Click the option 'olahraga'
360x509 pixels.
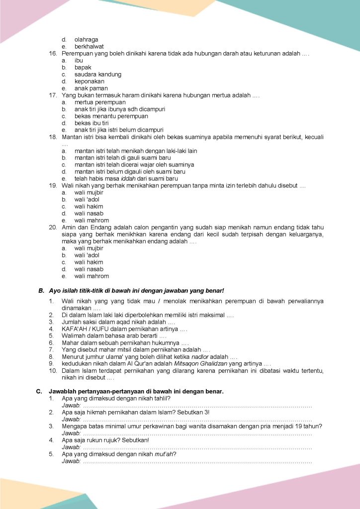pyautogui.click(x=86, y=39)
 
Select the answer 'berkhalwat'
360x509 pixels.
pyautogui.click(x=89, y=46)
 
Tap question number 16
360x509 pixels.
pyautogui.click(x=53, y=53)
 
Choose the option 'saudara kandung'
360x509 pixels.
pyautogui.click(x=98, y=74)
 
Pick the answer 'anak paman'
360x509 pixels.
pyautogui.click(x=91, y=88)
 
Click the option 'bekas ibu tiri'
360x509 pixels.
pyautogui.click(x=91, y=123)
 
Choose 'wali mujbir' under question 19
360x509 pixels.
pyautogui.click(x=89, y=192)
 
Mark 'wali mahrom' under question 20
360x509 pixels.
pyautogui.click(x=91, y=276)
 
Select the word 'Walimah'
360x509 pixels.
pyautogui.click(x=74, y=336)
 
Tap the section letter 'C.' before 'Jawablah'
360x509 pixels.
pyautogui.click(x=39, y=392)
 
